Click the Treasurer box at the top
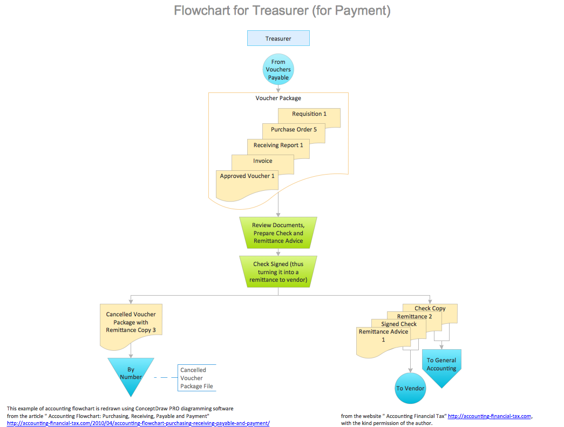(278, 38)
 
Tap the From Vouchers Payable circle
(278, 70)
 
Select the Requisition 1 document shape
(309, 115)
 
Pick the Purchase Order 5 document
(294, 130)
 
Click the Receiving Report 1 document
(278, 145)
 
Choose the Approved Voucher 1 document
(247, 182)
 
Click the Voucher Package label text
(278, 98)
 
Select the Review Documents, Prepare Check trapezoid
(278, 232)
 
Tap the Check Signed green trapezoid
(278, 272)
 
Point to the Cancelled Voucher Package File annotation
(196, 378)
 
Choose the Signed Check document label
(399, 324)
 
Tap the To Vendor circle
(410, 388)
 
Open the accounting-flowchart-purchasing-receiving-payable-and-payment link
(138, 423)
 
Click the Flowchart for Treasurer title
(282, 10)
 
